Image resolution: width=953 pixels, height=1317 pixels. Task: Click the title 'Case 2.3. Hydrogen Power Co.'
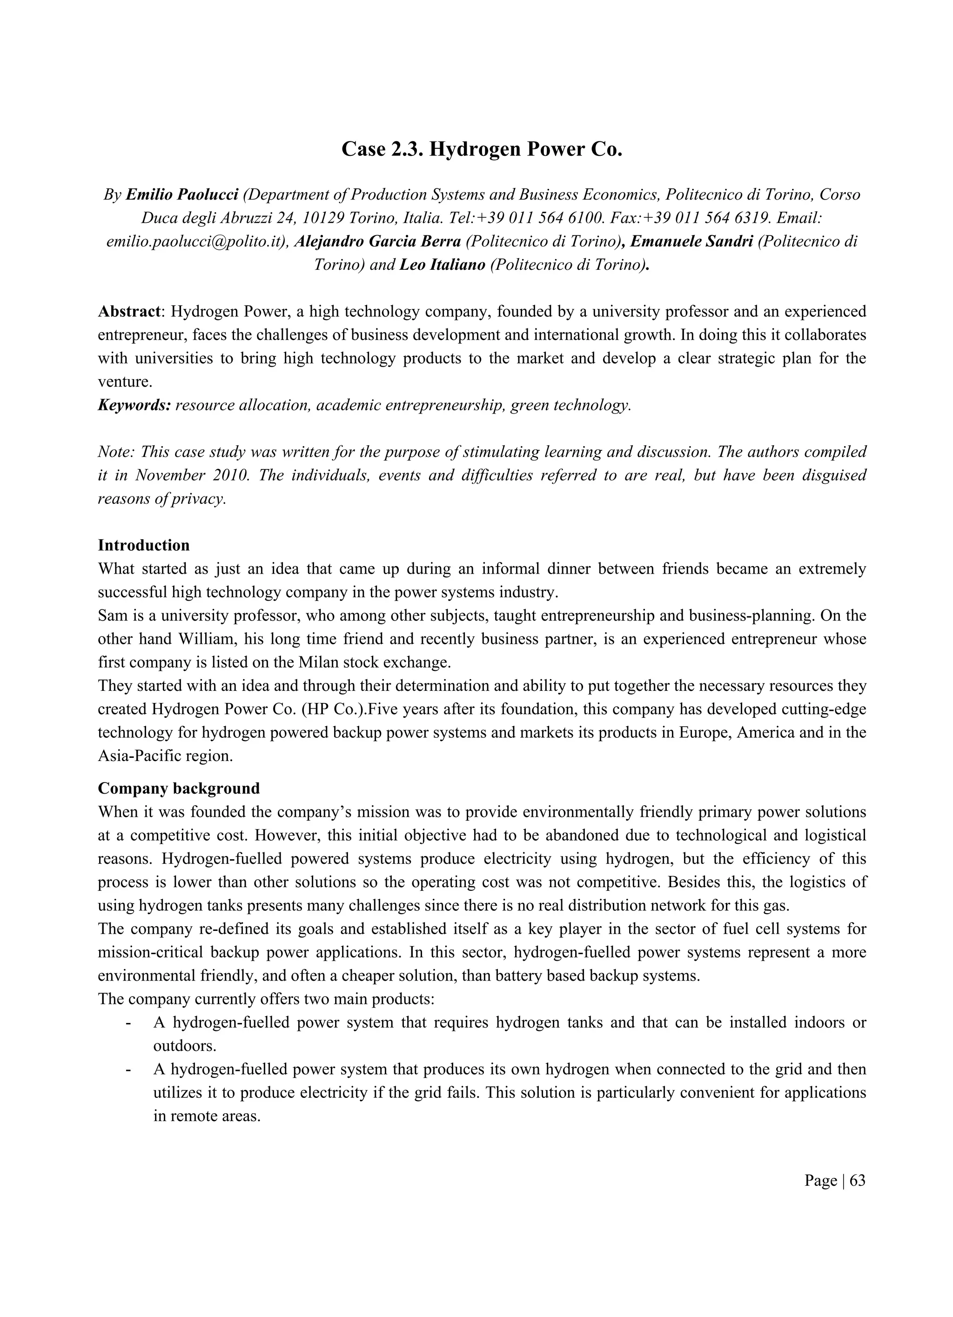(x=482, y=149)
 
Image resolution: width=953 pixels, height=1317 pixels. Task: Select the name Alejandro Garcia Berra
(x=377, y=241)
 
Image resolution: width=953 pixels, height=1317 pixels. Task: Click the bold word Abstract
(x=129, y=312)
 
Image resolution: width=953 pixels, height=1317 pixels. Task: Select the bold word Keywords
(x=134, y=405)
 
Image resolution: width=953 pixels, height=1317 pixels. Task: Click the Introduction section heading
(x=143, y=545)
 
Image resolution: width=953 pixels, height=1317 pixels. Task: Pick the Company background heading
(x=178, y=789)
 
